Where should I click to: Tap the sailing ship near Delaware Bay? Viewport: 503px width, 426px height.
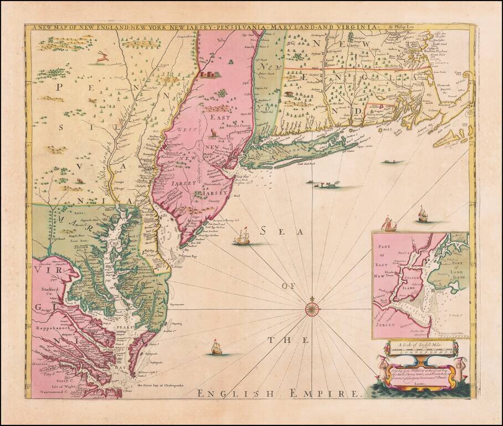point(243,238)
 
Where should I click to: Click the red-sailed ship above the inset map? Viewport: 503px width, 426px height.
point(390,224)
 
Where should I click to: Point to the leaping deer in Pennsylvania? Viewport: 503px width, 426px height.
point(101,56)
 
